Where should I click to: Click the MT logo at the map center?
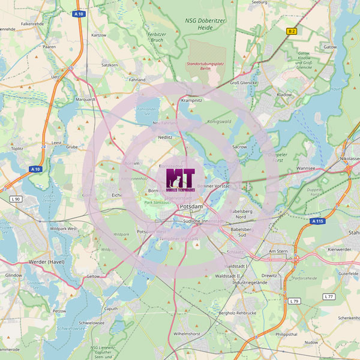[x=181, y=179]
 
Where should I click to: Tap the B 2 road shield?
[x=292, y=31]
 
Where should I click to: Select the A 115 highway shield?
[x=318, y=221]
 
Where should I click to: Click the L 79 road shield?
[x=293, y=301]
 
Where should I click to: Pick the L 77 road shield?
[x=328, y=296]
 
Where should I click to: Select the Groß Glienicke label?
[x=244, y=83]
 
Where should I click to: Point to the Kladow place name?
[x=284, y=95]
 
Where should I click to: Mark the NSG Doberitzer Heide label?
[x=208, y=23]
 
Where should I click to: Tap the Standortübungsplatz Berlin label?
[x=206, y=66]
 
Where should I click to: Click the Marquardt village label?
[x=86, y=100]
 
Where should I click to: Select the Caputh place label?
[x=111, y=308]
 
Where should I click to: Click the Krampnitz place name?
[x=192, y=101]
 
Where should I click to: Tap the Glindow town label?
[x=14, y=275]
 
